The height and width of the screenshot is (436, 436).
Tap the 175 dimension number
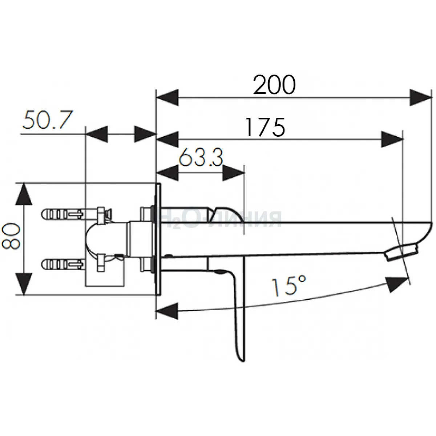265,127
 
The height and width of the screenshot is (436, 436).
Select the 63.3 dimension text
201,157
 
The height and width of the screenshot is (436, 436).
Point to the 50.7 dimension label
48,120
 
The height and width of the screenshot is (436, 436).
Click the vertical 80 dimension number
11,236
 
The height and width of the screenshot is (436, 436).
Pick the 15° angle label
289,285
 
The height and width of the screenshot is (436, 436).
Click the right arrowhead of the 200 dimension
421,97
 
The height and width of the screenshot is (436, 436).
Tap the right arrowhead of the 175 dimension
392,139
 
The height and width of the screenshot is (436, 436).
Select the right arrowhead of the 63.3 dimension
234,173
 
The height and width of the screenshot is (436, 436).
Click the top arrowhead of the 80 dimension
24,194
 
